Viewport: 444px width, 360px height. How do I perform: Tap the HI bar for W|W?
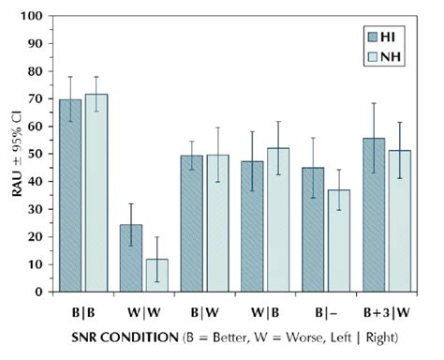tap(130, 258)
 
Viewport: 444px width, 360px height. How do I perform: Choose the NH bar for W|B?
tap(278, 219)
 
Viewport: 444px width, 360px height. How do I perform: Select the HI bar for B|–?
tap(314, 230)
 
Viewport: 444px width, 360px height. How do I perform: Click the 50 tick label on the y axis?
tap(37, 154)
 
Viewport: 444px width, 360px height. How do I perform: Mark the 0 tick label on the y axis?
tap(40, 292)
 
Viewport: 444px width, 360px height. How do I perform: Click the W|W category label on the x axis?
tap(142, 308)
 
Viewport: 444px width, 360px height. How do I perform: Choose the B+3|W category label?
tap(385, 308)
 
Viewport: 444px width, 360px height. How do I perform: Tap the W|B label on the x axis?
tap(264, 308)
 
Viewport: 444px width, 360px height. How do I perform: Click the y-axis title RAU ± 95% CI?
tap(13, 155)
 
